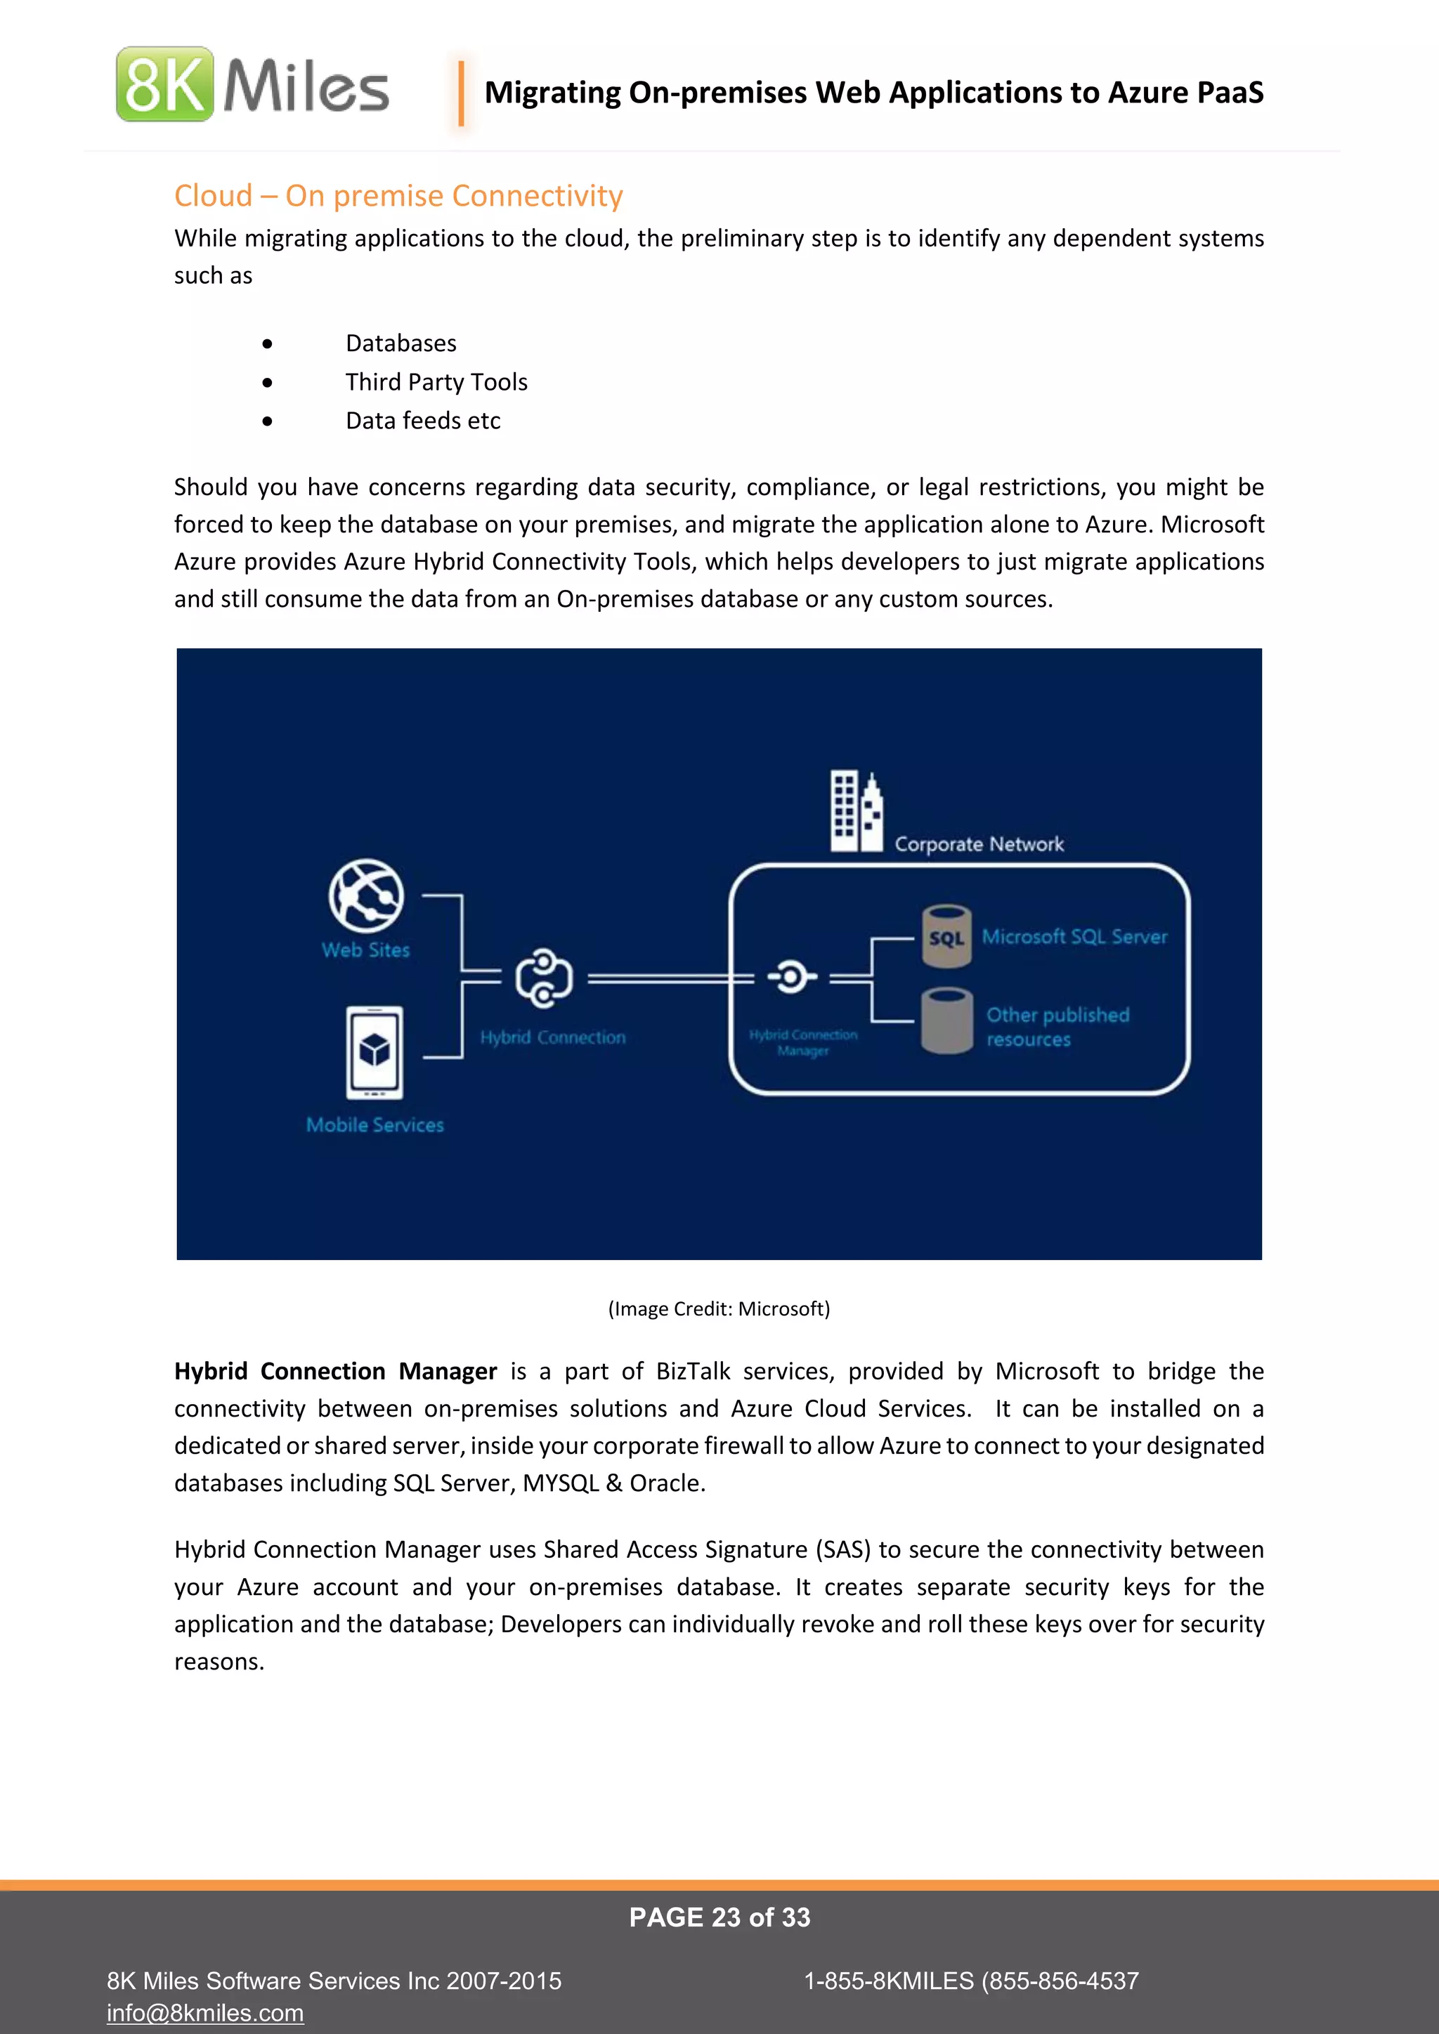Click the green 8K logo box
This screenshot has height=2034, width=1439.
[x=165, y=84]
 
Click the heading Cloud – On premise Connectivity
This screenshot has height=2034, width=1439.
[x=398, y=196]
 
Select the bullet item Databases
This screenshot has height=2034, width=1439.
[x=401, y=343]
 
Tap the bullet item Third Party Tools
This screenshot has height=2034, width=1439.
[x=436, y=382]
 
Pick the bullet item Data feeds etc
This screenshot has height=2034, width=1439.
[x=423, y=421]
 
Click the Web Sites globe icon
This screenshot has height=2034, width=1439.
[x=366, y=895]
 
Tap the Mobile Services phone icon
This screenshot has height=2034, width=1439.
[x=374, y=1051]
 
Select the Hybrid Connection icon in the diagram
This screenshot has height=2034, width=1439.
[x=544, y=979]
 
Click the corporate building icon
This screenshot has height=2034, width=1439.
[x=856, y=811]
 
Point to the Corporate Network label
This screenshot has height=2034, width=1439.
[x=978, y=844]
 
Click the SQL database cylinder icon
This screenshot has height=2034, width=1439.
[x=946, y=936]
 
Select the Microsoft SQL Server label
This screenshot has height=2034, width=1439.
[x=1074, y=936]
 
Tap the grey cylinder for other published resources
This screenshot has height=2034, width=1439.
[x=946, y=1021]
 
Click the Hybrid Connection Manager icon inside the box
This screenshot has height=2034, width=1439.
[x=791, y=977]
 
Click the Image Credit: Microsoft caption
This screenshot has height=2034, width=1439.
[x=719, y=1308]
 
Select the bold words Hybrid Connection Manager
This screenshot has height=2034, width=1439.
[x=335, y=1372]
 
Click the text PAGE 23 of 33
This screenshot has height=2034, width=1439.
[x=719, y=1917]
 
